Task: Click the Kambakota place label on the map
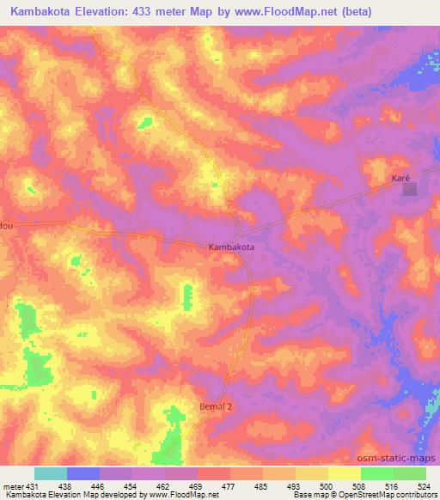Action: point(231,247)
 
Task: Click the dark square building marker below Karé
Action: point(410,190)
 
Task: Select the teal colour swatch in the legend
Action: point(51,473)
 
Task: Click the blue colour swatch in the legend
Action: point(83,473)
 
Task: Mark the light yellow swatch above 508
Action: point(344,473)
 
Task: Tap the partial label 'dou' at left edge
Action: point(7,225)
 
